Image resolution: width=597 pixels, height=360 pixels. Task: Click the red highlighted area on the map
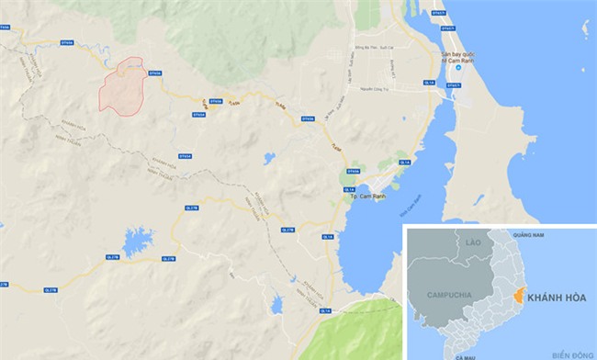click(x=124, y=88)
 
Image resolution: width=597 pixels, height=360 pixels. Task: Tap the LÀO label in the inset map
click(x=474, y=242)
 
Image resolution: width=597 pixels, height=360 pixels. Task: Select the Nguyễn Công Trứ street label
click(x=378, y=89)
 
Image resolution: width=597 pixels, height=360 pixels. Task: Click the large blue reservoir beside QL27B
click(x=137, y=242)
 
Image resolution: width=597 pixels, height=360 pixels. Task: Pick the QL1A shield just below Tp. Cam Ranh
click(x=328, y=237)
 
